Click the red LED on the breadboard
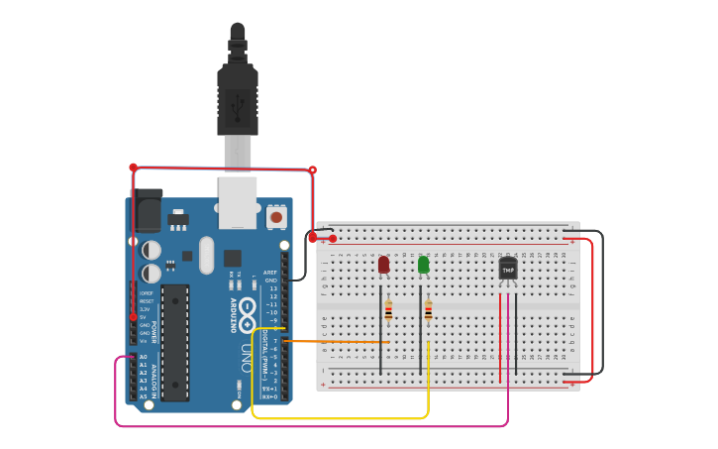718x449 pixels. tap(383, 265)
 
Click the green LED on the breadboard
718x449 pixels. tap(423, 265)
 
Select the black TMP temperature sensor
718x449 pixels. tap(508, 269)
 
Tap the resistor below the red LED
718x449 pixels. tap(388, 311)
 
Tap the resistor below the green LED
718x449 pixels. tap(428, 311)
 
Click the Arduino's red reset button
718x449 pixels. tap(276, 216)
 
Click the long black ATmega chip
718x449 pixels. tap(175, 342)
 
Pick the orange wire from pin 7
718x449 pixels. tap(337, 342)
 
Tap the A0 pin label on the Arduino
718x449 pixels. tap(144, 357)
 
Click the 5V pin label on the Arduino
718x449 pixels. tap(144, 317)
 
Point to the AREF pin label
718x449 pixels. tap(270, 272)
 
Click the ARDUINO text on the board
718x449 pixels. tap(234, 308)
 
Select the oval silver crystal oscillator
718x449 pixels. tap(206, 255)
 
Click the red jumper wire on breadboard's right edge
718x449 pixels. tap(592, 307)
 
